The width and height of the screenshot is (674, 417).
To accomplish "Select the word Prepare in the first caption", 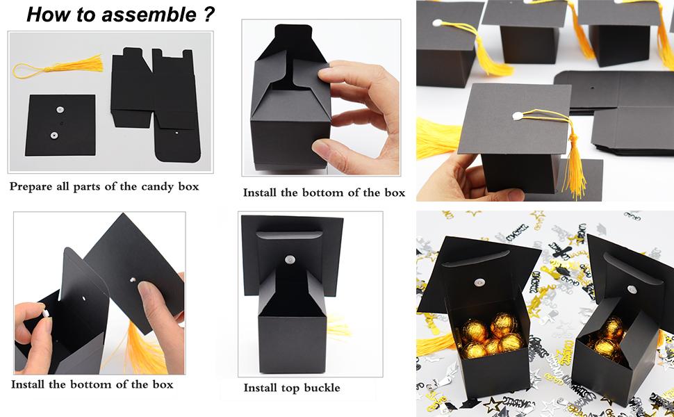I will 34,186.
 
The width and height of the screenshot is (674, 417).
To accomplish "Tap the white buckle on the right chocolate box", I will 631,289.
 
